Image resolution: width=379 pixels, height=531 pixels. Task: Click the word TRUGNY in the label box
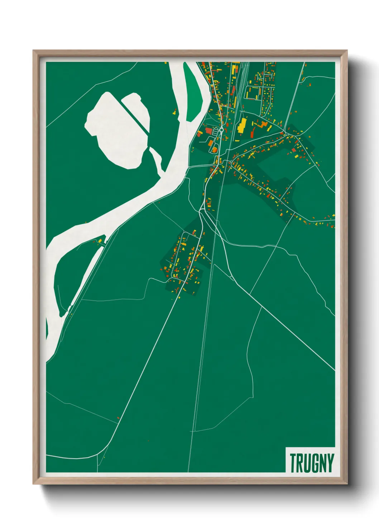(312, 463)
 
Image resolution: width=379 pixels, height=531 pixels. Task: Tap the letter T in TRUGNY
(293, 463)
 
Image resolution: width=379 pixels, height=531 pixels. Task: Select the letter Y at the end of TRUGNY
(330, 463)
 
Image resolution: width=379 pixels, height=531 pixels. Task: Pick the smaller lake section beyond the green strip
(138, 108)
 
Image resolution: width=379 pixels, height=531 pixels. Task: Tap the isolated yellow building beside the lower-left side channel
(101, 240)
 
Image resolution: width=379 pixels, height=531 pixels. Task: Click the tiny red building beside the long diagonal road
(118, 418)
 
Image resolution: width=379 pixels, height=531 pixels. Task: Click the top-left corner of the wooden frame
(34, 51)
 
